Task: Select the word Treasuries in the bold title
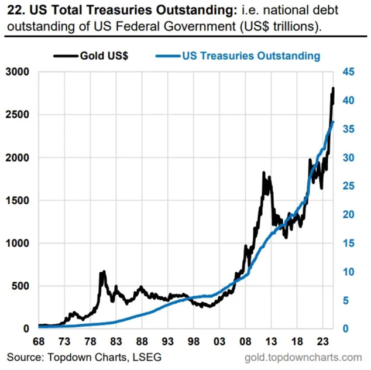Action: point(107,11)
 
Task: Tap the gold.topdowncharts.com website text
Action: point(305,357)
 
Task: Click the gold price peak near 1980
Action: point(104,272)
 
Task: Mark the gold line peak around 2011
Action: point(264,173)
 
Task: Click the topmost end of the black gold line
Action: point(333,88)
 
